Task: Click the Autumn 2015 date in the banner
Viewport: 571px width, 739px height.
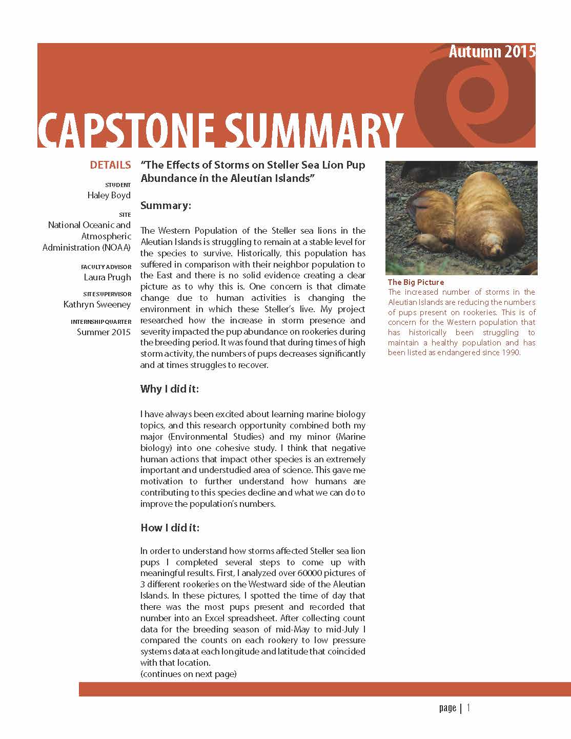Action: [x=492, y=52]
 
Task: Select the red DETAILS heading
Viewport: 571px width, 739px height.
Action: [x=110, y=165]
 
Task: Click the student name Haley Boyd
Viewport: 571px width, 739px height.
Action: [x=109, y=195]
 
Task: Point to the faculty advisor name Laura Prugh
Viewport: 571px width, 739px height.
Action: [x=107, y=277]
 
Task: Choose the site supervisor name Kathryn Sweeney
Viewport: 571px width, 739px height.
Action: [x=97, y=304]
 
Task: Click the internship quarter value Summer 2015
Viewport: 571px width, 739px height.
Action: [x=104, y=332]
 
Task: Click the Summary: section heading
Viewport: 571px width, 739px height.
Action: [x=166, y=206]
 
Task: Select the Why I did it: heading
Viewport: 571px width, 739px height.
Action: [x=169, y=389]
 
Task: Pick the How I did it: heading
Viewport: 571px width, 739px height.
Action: [x=170, y=528]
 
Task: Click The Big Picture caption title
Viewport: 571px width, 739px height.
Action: [x=416, y=282]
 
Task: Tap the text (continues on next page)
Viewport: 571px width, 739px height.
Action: [x=188, y=674]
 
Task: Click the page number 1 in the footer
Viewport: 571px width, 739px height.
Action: [x=468, y=708]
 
